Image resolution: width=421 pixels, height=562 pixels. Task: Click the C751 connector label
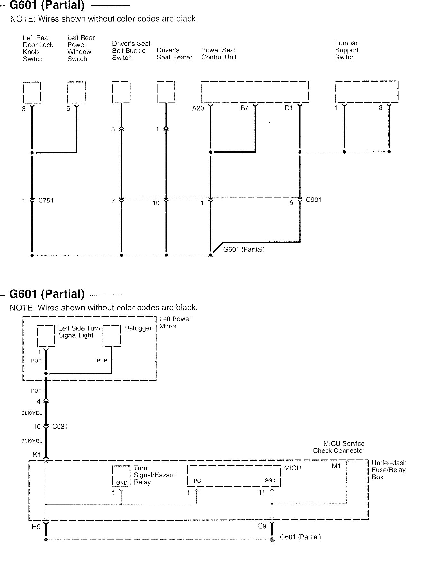[x=46, y=201]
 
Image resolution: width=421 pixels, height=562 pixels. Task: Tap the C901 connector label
[x=313, y=200]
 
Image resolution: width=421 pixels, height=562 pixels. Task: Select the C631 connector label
[x=60, y=427]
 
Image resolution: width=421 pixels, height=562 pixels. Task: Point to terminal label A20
[x=198, y=108]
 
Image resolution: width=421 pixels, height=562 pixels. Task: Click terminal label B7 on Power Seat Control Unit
[x=245, y=108]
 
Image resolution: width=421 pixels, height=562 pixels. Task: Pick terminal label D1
[x=289, y=108]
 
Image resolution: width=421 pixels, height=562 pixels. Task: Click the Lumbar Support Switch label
[x=346, y=50]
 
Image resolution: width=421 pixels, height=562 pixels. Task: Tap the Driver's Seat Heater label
[x=174, y=54]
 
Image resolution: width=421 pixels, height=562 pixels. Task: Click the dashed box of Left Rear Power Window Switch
[x=76, y=93]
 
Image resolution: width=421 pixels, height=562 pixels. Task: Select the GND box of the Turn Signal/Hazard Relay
[x=121, y=476]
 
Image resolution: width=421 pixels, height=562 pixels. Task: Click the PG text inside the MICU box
[x=197, y=481]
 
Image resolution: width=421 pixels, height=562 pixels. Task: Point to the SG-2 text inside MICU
[x=271, y=481]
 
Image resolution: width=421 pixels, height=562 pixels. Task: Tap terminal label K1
[x=37, y=455]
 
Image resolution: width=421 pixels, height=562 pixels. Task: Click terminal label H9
[x=36, y=527]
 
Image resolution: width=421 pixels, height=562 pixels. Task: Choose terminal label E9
[x=262, y=526]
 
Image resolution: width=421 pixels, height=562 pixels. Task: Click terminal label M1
[x=336, y=466]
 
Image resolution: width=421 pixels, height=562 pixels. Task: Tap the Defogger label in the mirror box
[x=138, y=328]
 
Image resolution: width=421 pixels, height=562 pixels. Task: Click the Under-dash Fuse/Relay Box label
[x=389, y=470]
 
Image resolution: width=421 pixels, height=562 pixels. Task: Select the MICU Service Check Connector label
[x=339, y=447]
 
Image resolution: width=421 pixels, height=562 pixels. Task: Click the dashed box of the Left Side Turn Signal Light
[x=46, y=336]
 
